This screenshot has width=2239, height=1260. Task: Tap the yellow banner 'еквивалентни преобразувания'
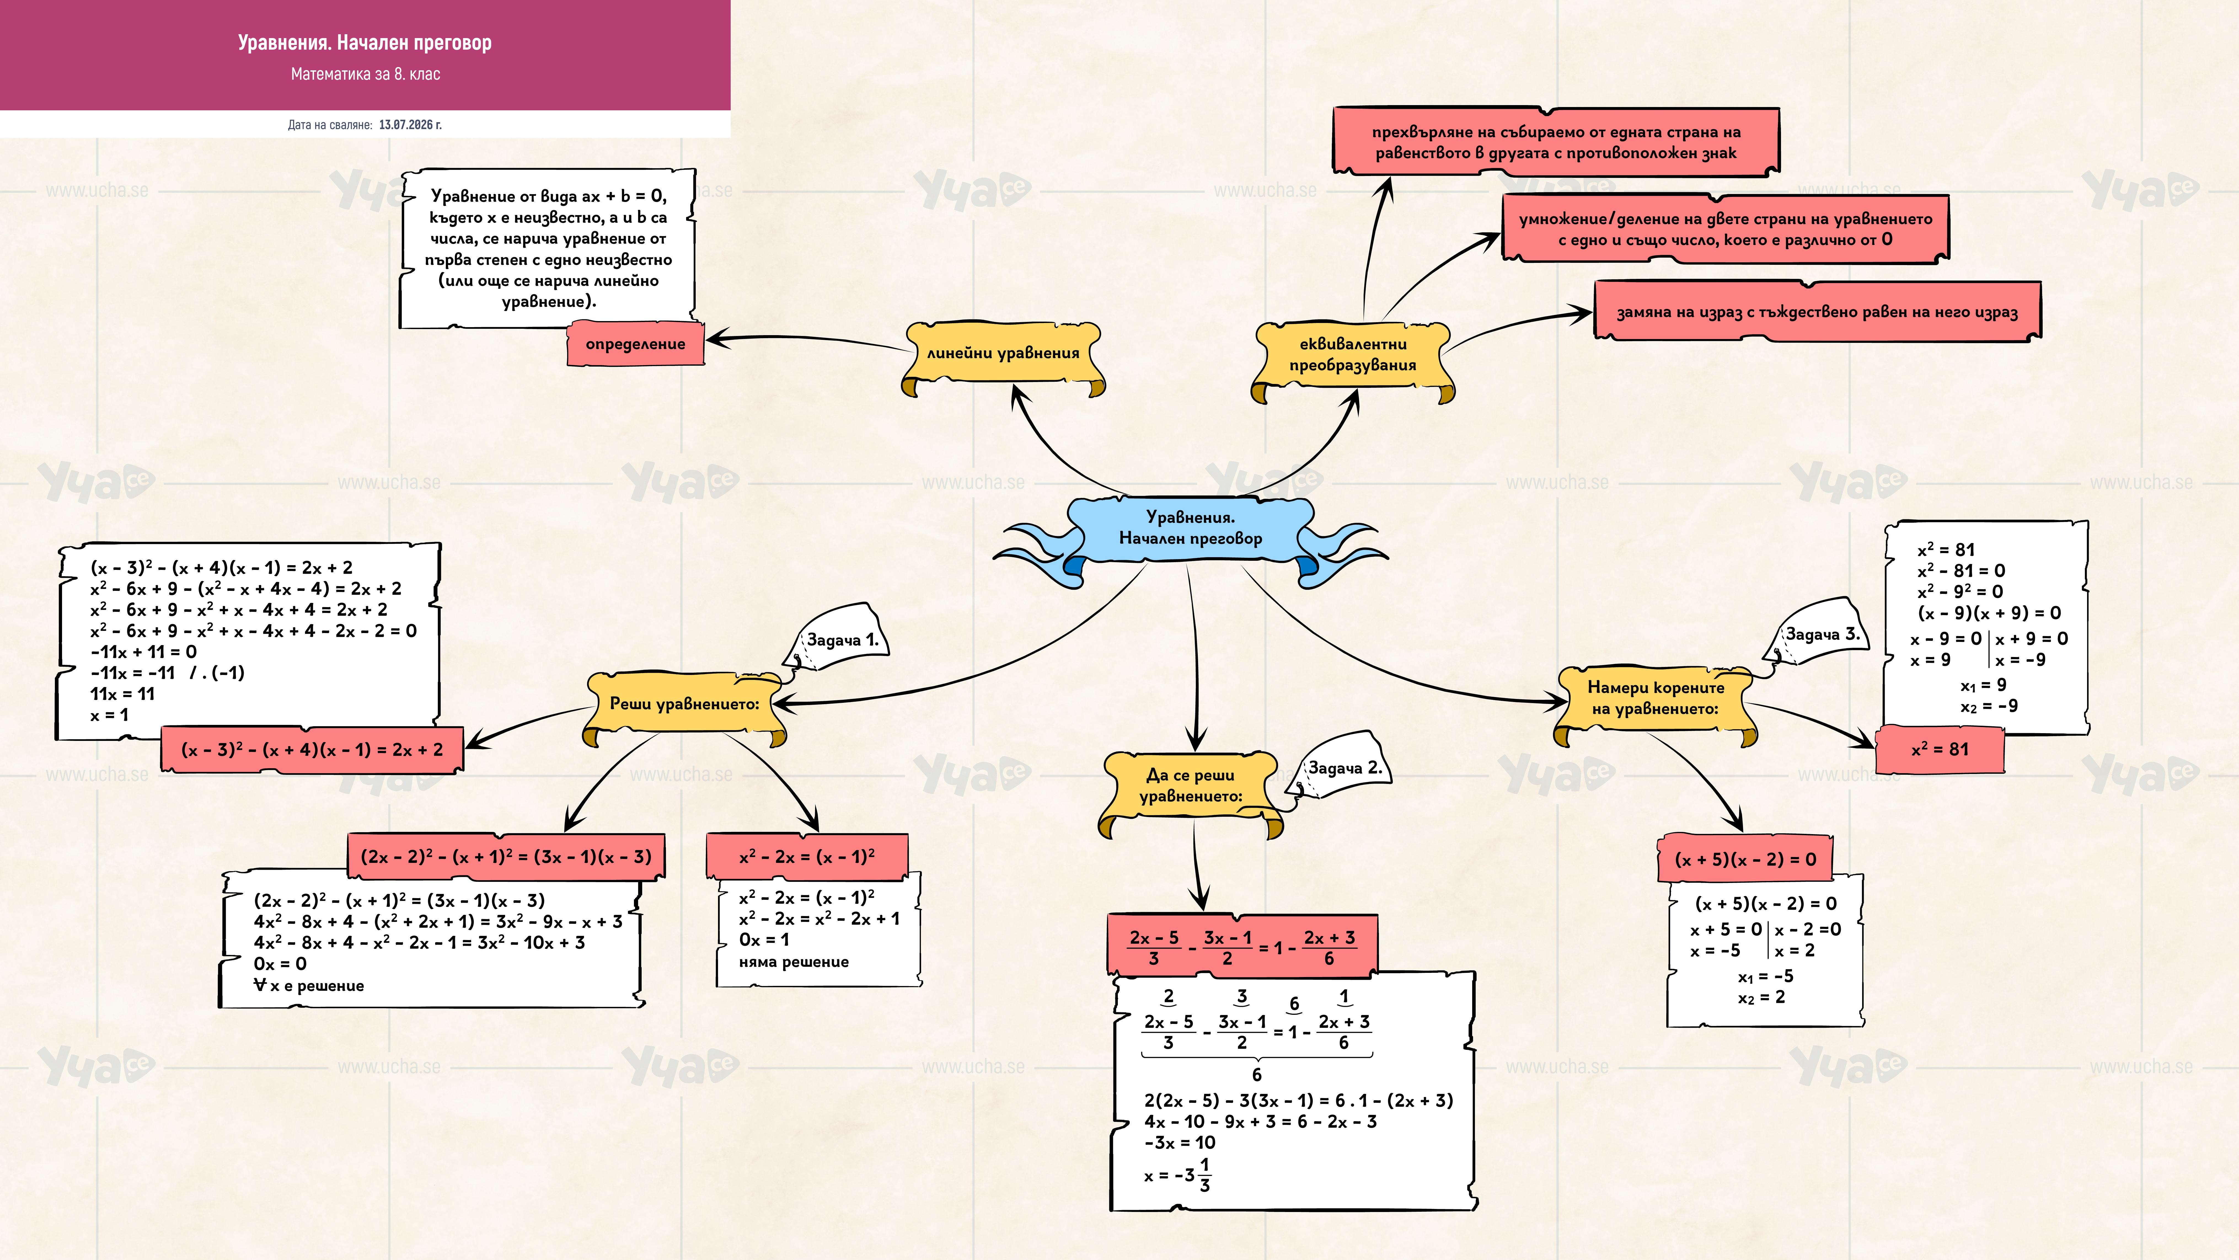click(x=1352, y=357)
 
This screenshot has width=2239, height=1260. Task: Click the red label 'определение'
click(x=635, y=343)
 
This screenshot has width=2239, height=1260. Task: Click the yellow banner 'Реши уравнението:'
click(x=685, y=704)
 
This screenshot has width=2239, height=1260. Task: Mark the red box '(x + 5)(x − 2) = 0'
click(x=1745, y=859)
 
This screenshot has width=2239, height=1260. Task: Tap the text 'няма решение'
click(x=794, y=962)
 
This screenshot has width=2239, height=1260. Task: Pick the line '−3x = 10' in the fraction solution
click(x=1180, y=1142)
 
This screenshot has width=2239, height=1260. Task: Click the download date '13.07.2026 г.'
click(x=410, y=124)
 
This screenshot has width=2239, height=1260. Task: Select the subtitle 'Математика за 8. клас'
click(x=365, y=74)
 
